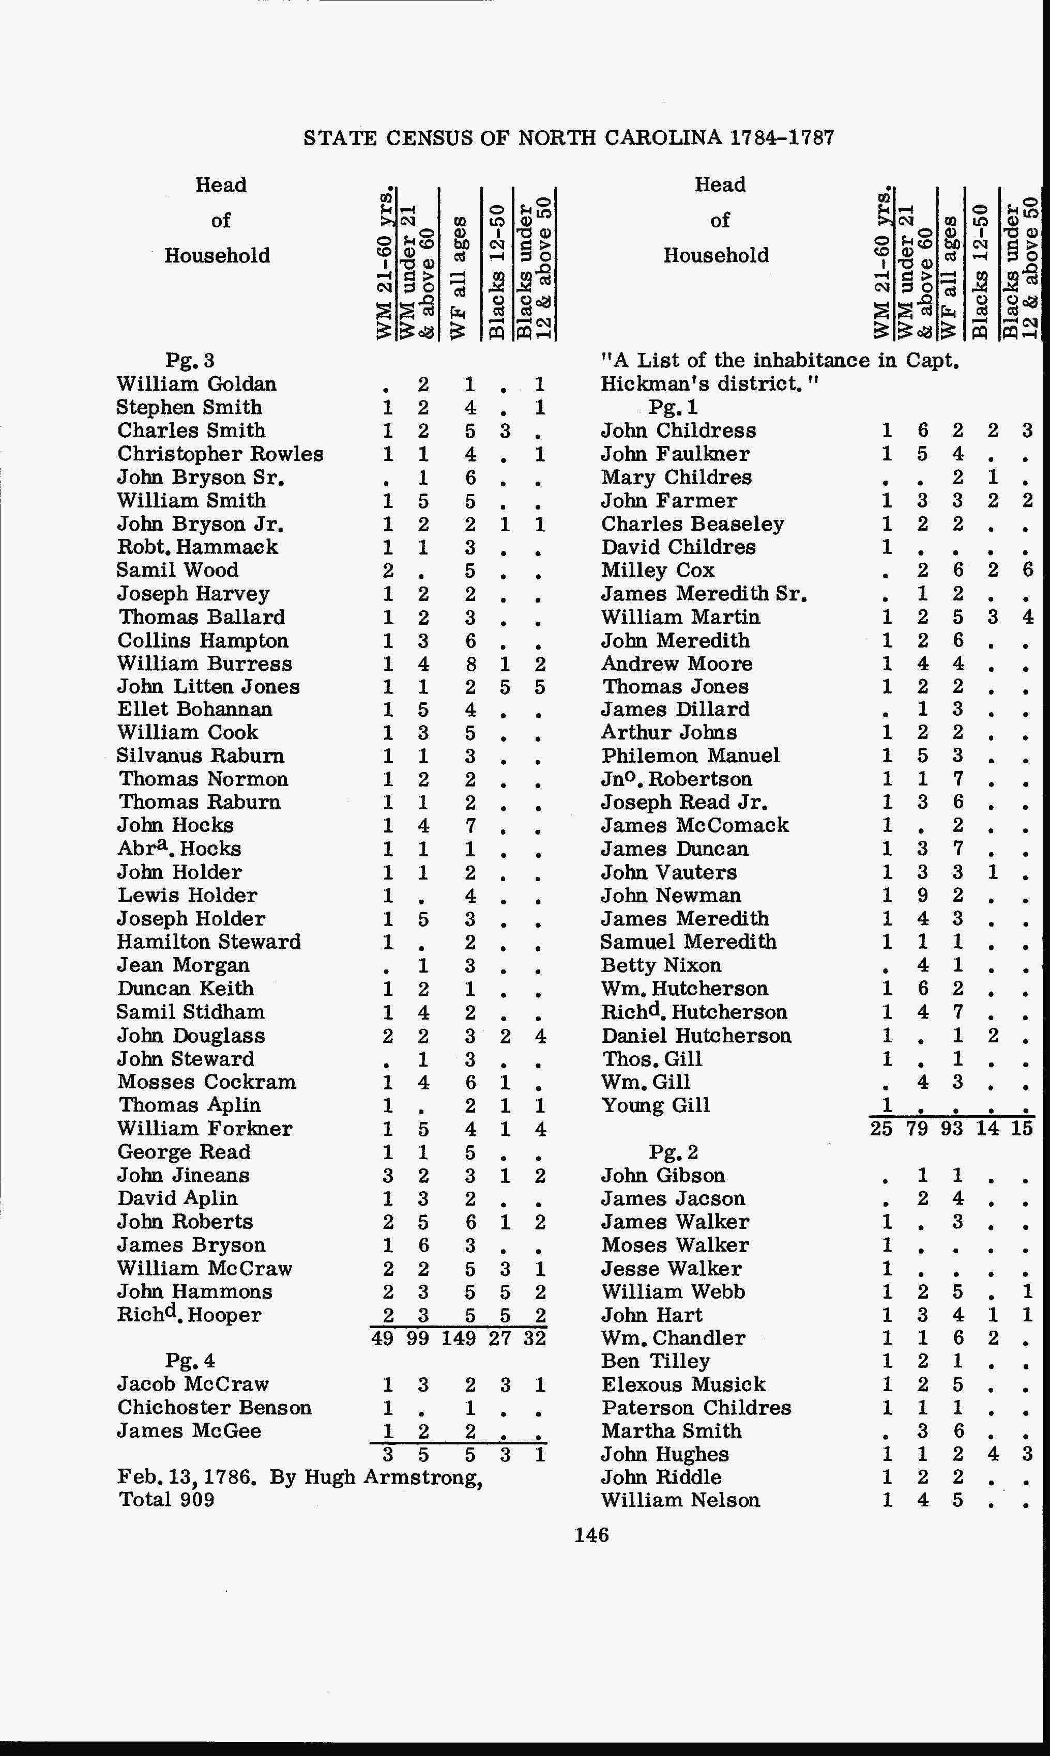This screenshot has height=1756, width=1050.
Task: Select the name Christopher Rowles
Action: tap(220, 454)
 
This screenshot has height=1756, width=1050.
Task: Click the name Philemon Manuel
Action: tap(691, 756)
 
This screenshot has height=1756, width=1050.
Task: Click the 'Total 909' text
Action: tap(166, 1499)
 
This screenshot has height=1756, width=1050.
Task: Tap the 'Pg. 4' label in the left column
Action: tap(190, 1361)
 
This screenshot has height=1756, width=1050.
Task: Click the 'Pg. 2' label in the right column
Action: tap(673, 1152)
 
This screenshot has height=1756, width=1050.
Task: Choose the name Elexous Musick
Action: tap(683, 1384)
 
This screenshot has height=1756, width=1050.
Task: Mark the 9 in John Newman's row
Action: tap(922, 896)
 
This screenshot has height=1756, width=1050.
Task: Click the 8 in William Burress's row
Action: tap(470, 664)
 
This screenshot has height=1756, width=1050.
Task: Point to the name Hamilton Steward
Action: tap(209, 942)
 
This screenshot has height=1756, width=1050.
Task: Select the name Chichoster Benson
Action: tap(215, 1407)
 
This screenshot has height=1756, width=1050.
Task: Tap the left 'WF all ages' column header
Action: tap(458, 276)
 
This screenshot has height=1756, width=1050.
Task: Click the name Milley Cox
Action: tap(657, 570)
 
